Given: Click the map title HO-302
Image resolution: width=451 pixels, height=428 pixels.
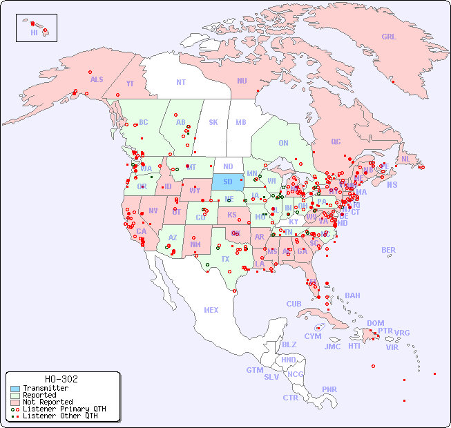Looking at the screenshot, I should pos(61,379).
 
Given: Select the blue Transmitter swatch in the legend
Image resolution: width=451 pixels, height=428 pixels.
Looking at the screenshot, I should pos(15,388).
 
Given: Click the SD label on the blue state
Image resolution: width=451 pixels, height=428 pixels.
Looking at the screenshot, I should pos(227,182).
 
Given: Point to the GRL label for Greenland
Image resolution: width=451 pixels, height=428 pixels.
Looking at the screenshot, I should pos(389,37).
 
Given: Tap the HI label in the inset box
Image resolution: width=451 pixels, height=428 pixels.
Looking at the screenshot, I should pos(34,32).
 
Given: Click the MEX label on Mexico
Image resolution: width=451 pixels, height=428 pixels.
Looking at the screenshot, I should pos(211,310).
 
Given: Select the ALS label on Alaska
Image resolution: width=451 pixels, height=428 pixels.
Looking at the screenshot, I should pos(97,79).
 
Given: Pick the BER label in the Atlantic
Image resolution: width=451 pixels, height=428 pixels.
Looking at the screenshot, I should pos(389,250).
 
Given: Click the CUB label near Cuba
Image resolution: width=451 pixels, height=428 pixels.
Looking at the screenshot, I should pos(294,304).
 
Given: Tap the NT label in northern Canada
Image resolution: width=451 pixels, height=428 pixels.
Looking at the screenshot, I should pos(180,81).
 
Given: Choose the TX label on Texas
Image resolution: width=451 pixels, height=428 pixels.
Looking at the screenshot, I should pos(225,259).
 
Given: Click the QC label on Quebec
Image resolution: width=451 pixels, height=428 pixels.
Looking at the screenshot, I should pos(336,142).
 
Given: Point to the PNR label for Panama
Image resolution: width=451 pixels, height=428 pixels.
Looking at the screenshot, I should pos(329,389).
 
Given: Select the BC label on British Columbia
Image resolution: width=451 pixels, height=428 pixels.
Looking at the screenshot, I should pos(144,122).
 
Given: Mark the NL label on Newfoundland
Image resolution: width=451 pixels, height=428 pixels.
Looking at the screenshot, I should pos(405,159).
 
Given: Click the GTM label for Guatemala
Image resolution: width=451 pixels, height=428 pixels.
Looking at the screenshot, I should pos(254,370).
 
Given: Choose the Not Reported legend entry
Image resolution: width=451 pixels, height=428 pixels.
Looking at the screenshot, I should pos(47,402).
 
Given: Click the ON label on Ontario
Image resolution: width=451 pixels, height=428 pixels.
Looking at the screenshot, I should pos(283,144).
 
